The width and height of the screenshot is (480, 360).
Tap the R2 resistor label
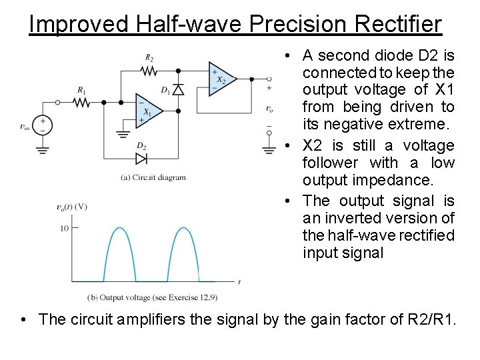click(x=149, y=58)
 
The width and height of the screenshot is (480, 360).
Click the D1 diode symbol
click(x=178, y=90)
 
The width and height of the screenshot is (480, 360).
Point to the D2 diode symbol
click(x=141, y=158)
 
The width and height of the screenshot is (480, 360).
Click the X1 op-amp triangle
click(x=148, y=108)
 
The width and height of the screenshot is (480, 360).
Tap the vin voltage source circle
click(x=43, y=125)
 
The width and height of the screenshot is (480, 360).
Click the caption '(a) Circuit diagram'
click(x=153, y=177)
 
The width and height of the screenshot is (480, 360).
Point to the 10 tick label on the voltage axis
click(x=65, y=228)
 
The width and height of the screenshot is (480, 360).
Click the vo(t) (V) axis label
click(x=72, y=207)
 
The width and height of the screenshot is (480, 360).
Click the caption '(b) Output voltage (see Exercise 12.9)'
click(x=153, y=296)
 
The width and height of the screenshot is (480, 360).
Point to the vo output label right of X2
click(x=269, y=109)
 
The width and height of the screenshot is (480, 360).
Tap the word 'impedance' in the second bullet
click(x=389, y=181)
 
